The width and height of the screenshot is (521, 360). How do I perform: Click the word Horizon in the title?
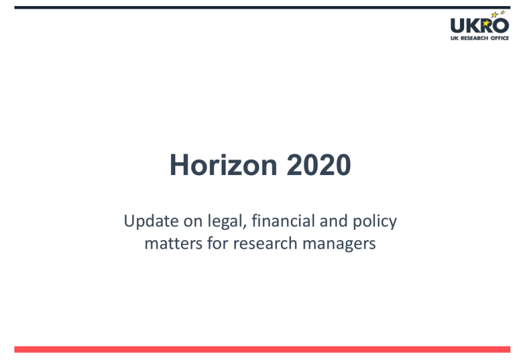(x=223, y=165)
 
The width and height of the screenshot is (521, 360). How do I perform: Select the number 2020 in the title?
(x=319, y=165)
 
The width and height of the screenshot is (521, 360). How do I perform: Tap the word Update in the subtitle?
(x=151, y=222)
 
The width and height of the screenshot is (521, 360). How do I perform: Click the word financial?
(x=283, y=220)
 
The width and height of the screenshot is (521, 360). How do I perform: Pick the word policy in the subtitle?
(x=374, y=222)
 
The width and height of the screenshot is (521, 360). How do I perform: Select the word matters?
(x=174, y=243)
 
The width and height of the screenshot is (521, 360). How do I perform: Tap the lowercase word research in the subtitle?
(x=265, y=243)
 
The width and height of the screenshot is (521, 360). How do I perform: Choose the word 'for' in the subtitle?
(x=218, y=243)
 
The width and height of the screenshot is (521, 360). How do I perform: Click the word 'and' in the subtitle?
(x=334, y=220)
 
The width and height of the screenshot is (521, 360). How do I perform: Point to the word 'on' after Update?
(x=193, y=222)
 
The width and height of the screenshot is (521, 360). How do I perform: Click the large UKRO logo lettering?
(x=480, y=26)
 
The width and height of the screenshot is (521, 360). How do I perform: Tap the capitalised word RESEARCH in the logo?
(x=474, y=38)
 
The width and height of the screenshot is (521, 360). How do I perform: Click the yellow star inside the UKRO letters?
(x=486, y=23)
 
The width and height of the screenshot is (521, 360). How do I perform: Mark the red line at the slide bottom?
(x=262, y=349)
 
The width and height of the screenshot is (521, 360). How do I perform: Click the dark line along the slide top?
(x=262, y=7)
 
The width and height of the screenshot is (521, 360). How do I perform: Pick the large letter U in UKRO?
(x=457, y=26)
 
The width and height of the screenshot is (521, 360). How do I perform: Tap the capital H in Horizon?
(x=179, y=165)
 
